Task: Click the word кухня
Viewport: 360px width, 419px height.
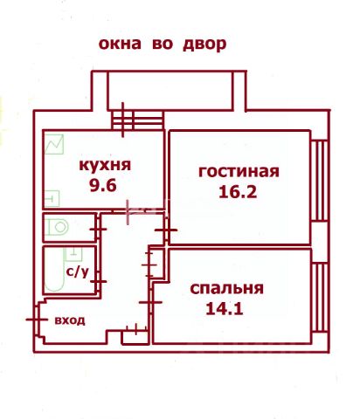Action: pyautogui.click(x=105, y=166)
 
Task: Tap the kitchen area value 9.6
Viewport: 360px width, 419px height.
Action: pyautogui.click(x=103, y=185)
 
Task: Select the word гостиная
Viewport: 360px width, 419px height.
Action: pyautogui.click(x=239, y=172)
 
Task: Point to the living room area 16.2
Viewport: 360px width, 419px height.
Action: pyautogui.click(x=238, y=192)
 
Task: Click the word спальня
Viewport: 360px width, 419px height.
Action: pyautogui.click(x=226, y=289)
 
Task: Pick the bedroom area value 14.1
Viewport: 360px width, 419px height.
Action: pyautogui.click(x=225, y=309)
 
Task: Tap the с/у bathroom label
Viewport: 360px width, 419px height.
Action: pyautogui.click(x=77, y=272)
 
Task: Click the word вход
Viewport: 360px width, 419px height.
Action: pyautogui.click(x=70, y=320)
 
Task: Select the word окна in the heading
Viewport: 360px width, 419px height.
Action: pyautogui.click(x=120, y=44)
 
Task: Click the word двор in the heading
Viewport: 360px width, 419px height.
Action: pyautogui.click(x=204, y=45)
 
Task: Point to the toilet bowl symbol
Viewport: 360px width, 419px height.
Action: pyautogui.click(x=57, y=227)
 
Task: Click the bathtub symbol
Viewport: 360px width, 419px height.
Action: pyautogui.click(x=54, y=270)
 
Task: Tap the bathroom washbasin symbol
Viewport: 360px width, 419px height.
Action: pyautogui.click(x=74, y=255)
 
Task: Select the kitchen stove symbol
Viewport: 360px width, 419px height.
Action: pyautogui.click(x=54, y=144)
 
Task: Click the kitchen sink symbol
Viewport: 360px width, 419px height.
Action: pyautogui.click(x=52, y=199)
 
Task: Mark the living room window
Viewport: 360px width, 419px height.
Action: pyautogui.click(x=320, y=181)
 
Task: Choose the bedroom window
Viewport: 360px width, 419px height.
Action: pyautogui.click(x=320, y=297)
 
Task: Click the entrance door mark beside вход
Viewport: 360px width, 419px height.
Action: pyautogui.click(x=37, y=319)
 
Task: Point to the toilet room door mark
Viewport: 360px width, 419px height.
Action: pyautogui.click(x=98, y=230)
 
